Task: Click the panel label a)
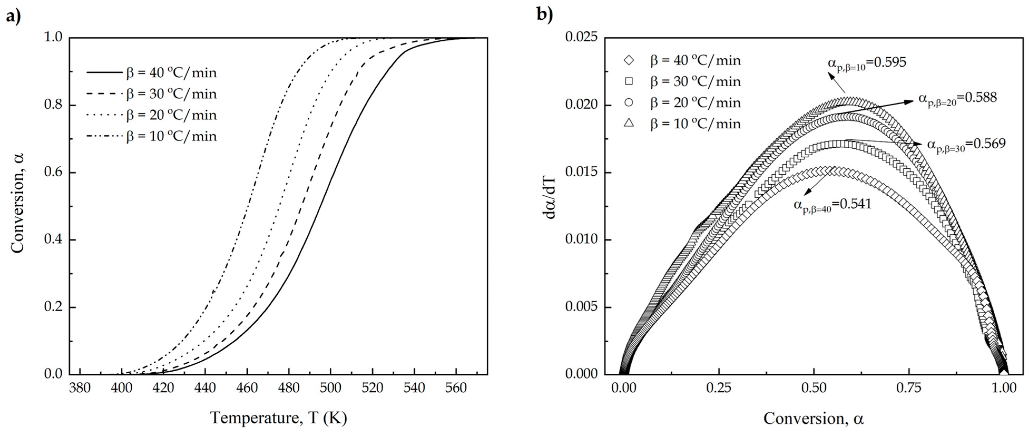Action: coord(13,17)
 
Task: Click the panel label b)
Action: coord(545,14)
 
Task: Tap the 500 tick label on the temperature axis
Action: coord(330,388)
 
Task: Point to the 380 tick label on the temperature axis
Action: coord(80,388)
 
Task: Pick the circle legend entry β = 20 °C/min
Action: coord(695,103)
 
